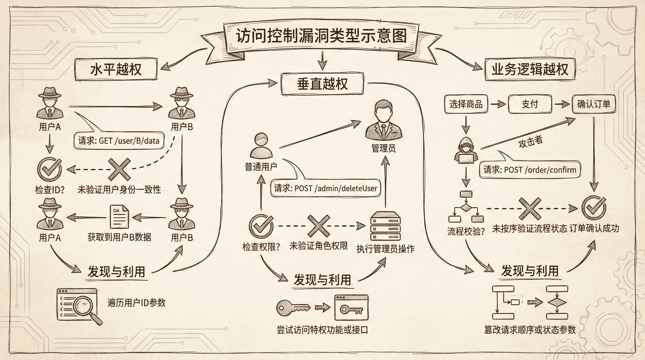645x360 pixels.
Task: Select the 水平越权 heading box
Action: click(x=116, y=70)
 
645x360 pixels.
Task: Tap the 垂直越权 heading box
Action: click(x=322, y=84)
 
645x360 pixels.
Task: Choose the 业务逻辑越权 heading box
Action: click(x=530, y=70)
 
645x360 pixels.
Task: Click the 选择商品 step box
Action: click(x=466, y=104)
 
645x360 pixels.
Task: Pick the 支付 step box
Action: click(x=530, y=104)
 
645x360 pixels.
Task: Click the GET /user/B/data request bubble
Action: click(x=119, y=141)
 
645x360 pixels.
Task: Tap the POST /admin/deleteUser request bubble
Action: click(x=326, y=188)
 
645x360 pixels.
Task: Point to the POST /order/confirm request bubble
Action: click(x=530, y=170)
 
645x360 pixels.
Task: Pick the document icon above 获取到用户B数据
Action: click(x=119, y=217)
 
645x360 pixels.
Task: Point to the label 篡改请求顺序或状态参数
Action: click(x=530, y=330)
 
